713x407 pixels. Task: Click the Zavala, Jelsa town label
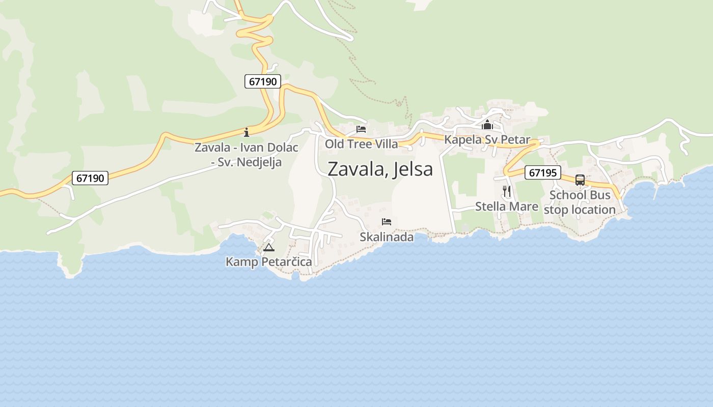click(380, 169)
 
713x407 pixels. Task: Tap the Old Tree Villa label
click(362, 144)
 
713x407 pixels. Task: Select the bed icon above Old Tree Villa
click(361, 129)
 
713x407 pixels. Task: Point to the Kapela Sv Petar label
click(487, 139)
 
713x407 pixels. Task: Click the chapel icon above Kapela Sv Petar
click(487, 124)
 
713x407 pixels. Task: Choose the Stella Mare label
click(506, 206)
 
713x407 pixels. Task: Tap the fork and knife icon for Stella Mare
click(506, 191)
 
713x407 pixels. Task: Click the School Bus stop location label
click(580, 202)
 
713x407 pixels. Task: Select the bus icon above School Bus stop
click(580, 180)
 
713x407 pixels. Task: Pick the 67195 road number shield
click(542, 172)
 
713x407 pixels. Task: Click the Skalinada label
click(387, 237)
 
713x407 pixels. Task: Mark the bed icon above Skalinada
click(387, 222)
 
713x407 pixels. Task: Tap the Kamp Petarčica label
click(268, 262)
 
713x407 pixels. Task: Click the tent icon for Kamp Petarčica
click(268, 248)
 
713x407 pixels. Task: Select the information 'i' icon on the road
click(246, 132)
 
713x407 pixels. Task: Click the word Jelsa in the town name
click(412, 169)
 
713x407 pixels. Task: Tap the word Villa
click(386, 144)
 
